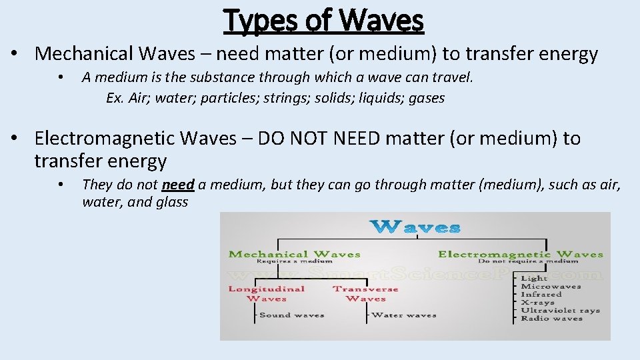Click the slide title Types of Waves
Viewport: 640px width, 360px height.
[324, 19]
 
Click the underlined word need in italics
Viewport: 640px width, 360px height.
[178, 184]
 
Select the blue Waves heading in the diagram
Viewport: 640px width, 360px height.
[415, 227]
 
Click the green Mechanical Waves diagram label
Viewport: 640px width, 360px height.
[294, 254]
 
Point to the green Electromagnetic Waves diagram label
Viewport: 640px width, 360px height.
[520, 254]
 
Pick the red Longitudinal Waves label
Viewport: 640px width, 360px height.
[266, 293]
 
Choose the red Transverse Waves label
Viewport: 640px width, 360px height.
[365, 293]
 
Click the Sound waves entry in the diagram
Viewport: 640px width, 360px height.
[291, 315]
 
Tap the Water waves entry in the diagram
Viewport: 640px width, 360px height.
[403, 315]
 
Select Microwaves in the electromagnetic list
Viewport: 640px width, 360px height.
[551, 286]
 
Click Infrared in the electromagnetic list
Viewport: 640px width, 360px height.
[541, 294]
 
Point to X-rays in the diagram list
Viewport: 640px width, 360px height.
[537, 302]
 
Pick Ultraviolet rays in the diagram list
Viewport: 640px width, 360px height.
[560, 310]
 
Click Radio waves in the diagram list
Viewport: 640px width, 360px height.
[551, 318]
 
